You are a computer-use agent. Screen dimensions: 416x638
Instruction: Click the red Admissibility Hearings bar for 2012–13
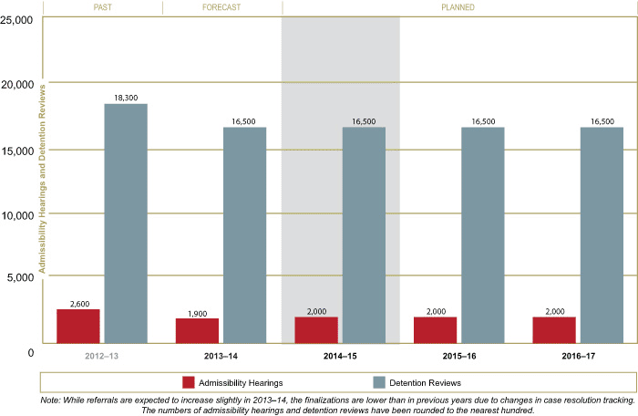tap(78, 326)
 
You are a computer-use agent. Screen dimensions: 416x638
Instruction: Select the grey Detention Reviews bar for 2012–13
tap(126, 224)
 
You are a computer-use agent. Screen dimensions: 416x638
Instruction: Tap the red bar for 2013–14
tap(197, 330)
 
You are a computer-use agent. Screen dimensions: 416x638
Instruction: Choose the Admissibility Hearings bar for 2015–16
tap(435, 329)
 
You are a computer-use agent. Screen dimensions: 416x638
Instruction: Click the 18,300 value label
tap(126, 97)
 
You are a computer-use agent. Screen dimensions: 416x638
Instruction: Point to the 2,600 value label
tap(78, 302)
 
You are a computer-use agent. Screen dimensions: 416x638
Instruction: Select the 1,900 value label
tap(197, 311)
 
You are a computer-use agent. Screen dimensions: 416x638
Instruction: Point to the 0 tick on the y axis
tap(30, 351)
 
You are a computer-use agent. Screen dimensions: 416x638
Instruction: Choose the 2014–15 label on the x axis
tap(340, 354)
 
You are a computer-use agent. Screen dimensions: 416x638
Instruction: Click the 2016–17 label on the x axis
tap(578, 354)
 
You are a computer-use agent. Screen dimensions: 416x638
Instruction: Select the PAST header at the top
tap(101, 7)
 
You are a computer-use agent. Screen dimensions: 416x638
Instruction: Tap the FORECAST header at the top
tap(221, 7)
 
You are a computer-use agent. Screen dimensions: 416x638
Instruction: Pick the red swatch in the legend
tap(190, 382)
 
